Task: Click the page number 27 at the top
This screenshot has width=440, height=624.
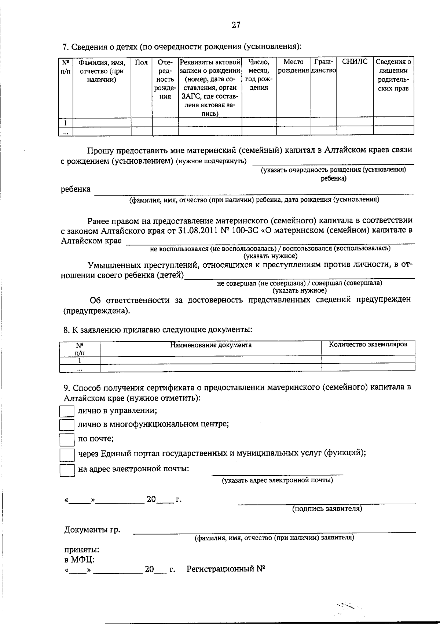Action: (236, 25)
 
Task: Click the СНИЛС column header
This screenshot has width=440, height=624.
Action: (354, 62)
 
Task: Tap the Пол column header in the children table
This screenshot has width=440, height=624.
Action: (141, 62)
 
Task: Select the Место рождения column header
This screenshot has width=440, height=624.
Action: (293, 66)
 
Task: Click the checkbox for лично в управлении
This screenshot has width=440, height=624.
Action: (67, 411)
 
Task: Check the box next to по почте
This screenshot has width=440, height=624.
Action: (67, 439)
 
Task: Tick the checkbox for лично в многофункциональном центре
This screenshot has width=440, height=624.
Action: (67, 425)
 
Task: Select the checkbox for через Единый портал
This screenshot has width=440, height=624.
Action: (67, 454)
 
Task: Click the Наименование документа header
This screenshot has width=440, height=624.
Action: (211, 345)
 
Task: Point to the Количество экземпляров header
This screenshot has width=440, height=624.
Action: (368, 345)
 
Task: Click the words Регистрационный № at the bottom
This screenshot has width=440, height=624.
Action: (226, 569)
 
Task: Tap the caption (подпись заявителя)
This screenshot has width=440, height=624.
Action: (327, 509)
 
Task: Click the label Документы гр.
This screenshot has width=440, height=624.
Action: (92, 530)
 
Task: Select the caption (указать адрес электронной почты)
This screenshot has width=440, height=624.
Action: (278, 480)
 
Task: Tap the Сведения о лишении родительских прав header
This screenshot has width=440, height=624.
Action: (393, 75)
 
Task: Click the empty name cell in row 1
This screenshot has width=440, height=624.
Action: (102, 122)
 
